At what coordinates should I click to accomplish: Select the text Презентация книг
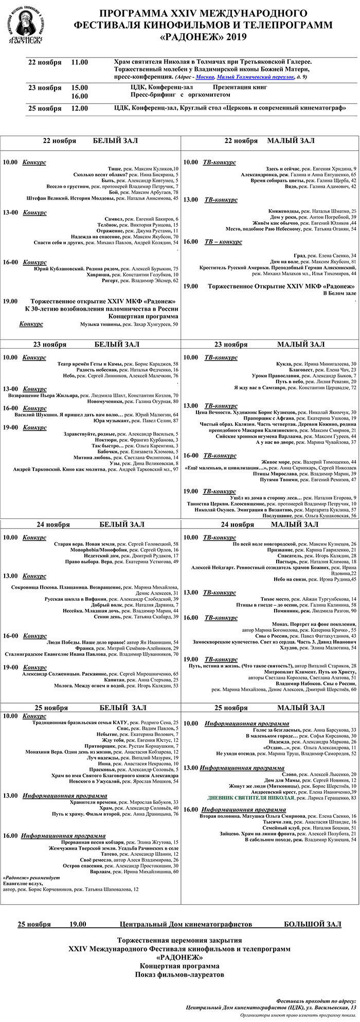[x=240, y=87]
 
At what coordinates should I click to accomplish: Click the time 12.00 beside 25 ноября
[x=79, y=109]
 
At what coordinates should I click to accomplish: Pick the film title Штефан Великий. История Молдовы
[x=70, y=198]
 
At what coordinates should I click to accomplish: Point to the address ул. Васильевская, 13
[x=333, y=1008]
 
